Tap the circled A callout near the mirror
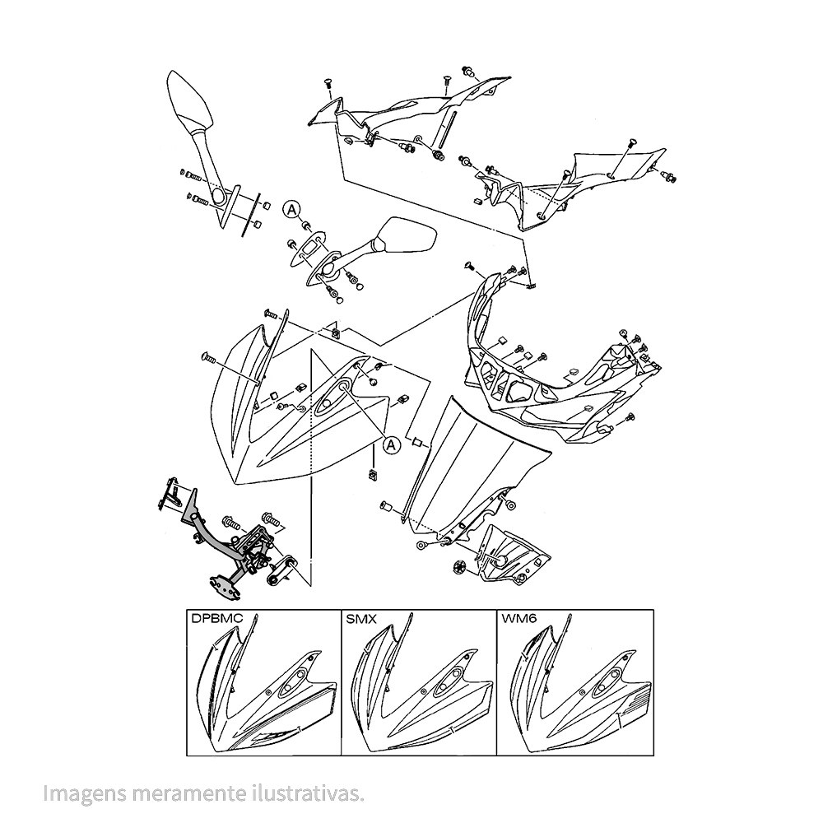point(292,211)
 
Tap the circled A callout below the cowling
point(392,444)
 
